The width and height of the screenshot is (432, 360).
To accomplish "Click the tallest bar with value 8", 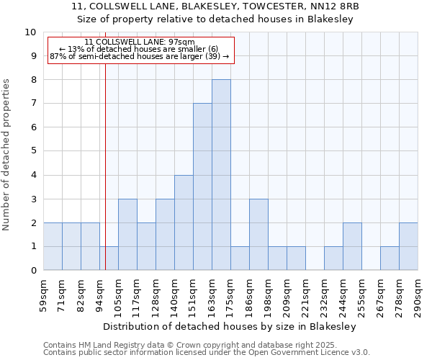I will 221,175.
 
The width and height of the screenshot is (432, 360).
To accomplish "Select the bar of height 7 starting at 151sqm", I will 202,187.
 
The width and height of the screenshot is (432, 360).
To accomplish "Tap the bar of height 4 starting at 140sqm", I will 184,222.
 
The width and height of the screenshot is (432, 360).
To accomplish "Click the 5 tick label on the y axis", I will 33,151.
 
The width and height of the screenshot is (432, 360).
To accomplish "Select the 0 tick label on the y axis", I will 33,271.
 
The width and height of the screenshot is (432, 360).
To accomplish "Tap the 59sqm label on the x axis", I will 43,294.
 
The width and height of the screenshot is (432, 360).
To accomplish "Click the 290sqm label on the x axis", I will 418,294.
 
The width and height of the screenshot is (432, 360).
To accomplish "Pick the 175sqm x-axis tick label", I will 230,294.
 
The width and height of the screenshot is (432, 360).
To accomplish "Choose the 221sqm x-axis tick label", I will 305,294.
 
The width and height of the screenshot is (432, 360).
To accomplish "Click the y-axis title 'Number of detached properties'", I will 7,155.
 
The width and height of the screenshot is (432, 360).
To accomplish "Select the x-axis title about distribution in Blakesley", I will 230,326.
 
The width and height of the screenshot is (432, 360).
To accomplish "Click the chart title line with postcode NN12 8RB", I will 215,6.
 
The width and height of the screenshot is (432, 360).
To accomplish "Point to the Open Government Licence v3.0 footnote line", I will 207,353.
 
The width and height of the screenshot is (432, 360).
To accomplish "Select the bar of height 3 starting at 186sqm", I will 258,235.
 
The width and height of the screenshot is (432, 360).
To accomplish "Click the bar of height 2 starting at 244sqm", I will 352,247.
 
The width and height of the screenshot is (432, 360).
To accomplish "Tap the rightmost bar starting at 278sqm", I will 408,247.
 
